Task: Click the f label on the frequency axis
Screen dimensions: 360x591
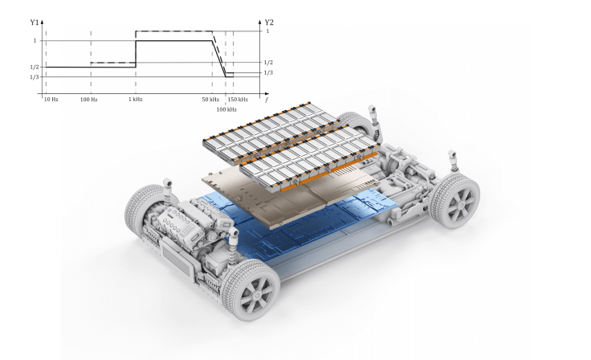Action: tap(267, 99)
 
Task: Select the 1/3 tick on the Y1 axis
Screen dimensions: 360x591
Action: tap(34, 77)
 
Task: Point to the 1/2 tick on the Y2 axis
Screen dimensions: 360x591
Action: tap(268, 62)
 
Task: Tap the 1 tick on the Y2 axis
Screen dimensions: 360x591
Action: tap(267, 31)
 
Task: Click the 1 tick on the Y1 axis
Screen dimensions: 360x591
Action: tap(35, 40)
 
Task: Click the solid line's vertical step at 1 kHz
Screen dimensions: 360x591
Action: tap(136, 53)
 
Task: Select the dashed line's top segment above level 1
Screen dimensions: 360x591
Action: tap(173, 31)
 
